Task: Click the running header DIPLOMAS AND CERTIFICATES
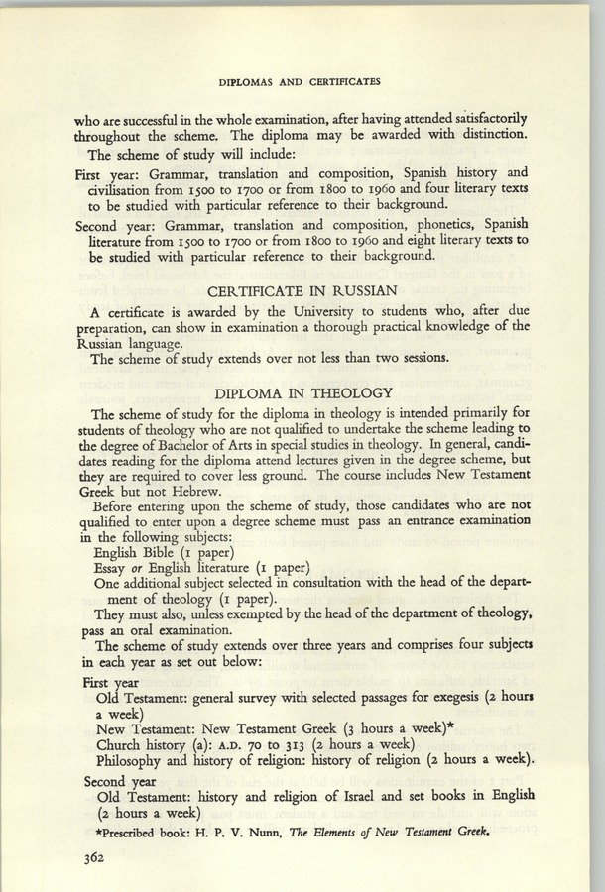302,80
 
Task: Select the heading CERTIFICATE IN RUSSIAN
302,291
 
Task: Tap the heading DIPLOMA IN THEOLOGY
302,391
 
